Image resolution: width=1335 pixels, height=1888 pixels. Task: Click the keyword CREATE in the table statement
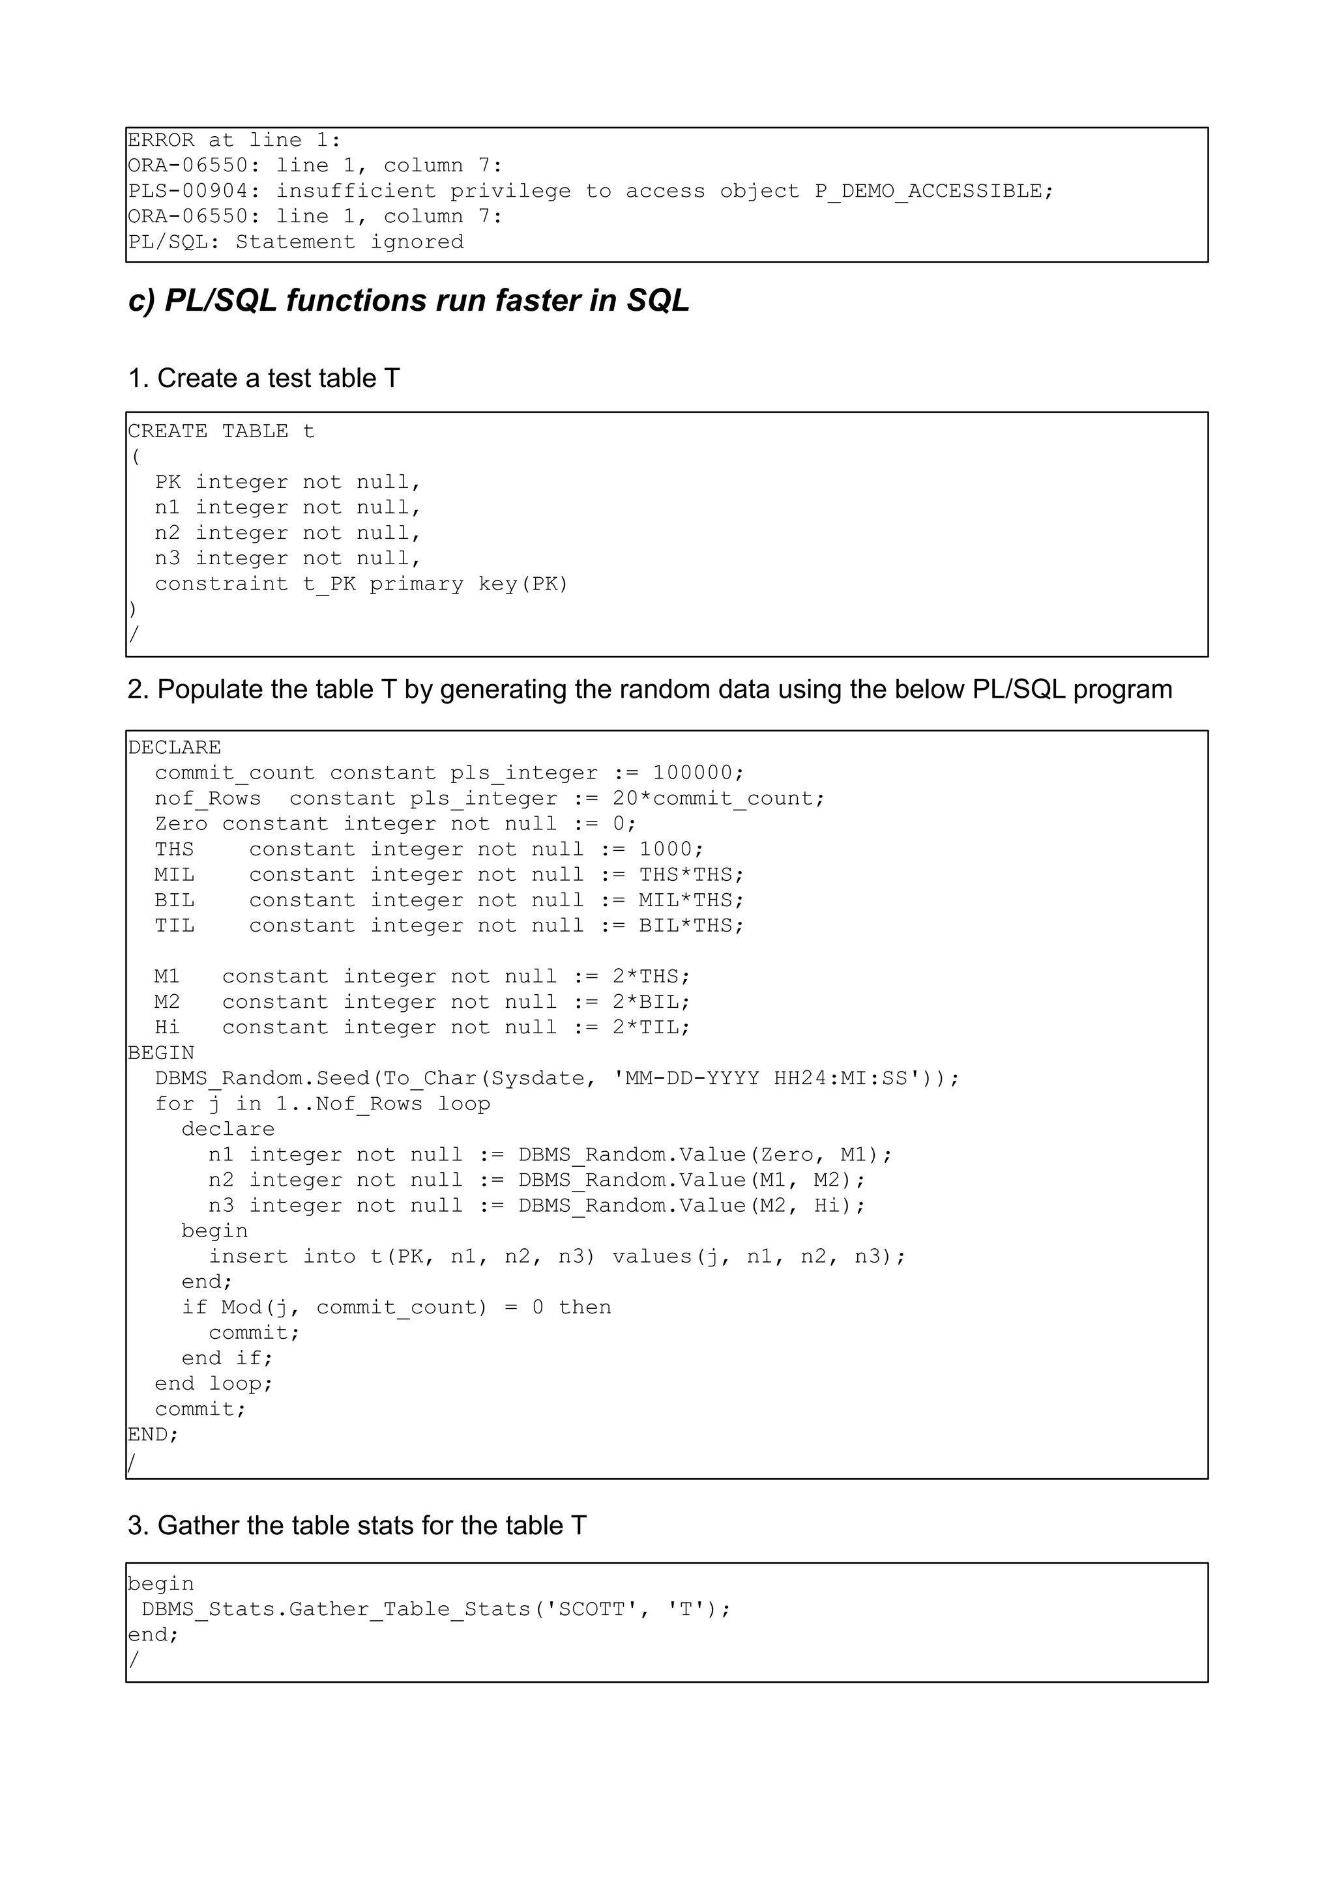(x=168, y=432)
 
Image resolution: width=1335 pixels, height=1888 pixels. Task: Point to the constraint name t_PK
(x=329, y=584)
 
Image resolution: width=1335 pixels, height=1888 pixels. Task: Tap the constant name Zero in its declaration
(x=181, y=824)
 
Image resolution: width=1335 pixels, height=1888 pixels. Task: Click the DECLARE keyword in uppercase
(x=175, y=747)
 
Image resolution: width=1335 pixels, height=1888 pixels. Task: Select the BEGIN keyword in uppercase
(x=161, y=1053)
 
